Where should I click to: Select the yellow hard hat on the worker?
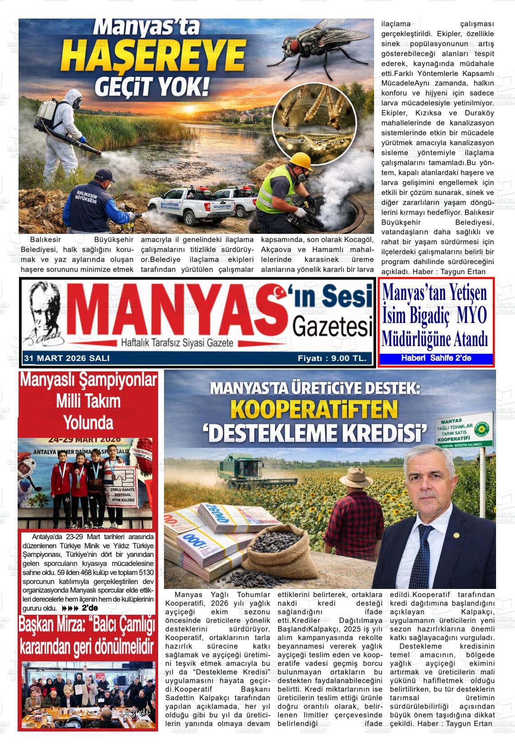300,161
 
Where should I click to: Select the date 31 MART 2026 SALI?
67,358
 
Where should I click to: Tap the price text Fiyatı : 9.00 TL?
332,358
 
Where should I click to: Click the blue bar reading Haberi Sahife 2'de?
435,358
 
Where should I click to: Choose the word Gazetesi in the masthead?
332,327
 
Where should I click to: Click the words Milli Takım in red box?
88,401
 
